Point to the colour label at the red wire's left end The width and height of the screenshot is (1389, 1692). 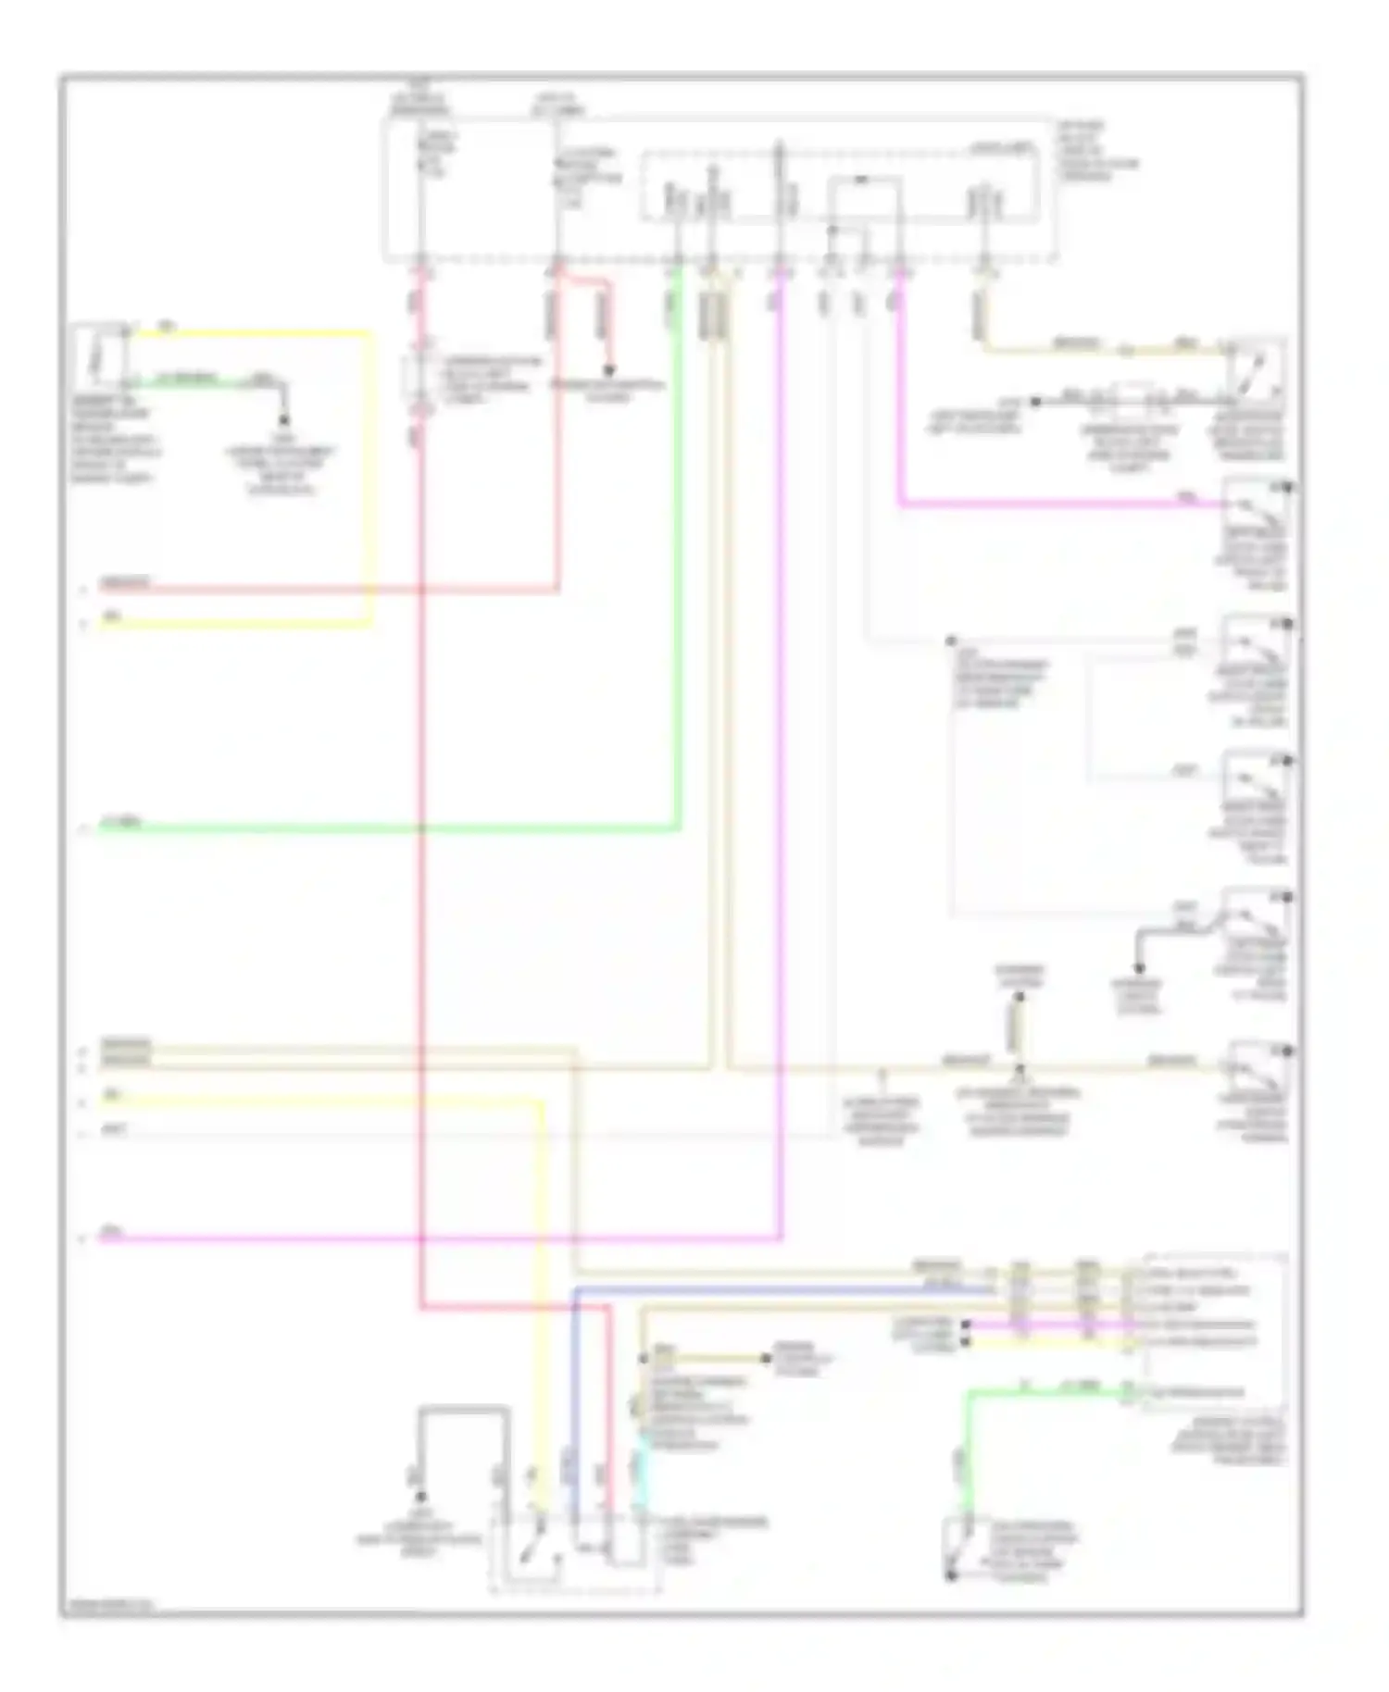click(125, 583)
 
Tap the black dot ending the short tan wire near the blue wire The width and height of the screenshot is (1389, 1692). click(766, 1358)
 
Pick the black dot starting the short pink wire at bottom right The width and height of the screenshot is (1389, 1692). click(966, 1325)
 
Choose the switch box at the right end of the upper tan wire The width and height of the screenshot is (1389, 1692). click(1256, 366)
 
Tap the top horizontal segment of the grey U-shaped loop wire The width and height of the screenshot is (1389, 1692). click(463, 1409)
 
